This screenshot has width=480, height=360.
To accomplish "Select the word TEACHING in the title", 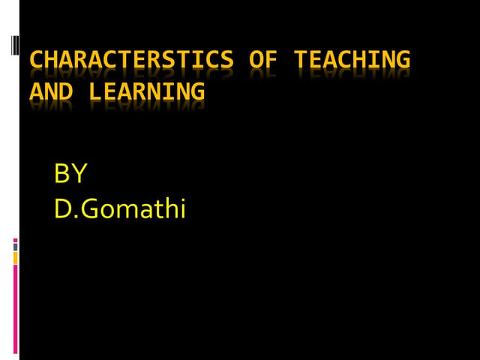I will pos(352,60).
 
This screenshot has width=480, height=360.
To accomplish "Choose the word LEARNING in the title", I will pos(146,92).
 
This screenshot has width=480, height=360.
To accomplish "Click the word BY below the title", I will pos(71,174).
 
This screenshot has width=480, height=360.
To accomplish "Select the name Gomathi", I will pos(133,208).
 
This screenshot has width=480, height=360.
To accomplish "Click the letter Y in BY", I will pos(79,174).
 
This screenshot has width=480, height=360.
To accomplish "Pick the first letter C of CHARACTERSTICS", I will pos(37,59).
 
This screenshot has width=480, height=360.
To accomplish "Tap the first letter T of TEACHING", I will pos(300,59).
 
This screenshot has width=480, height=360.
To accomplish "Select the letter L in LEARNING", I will pos(95,92).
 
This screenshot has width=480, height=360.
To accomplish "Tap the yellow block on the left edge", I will pos(15,257).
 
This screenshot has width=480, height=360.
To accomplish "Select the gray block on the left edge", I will pos(15,247).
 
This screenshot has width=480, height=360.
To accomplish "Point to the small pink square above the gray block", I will pos(15,241).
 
